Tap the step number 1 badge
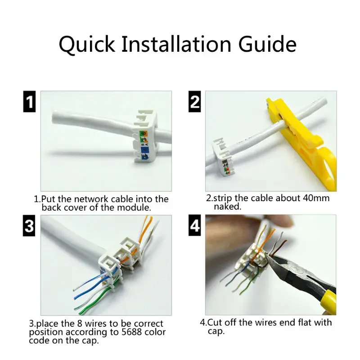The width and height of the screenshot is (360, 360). [x=29, y=102]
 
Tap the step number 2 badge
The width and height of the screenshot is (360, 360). [x=194, y=102]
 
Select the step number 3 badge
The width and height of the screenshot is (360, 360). [x=29, y=226]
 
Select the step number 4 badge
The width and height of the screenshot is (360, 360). [x=194, y=226]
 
